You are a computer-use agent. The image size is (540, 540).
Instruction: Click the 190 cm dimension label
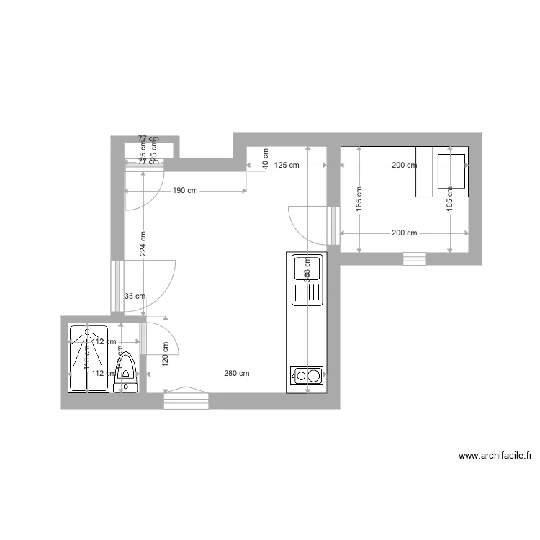pyautogui.click(x=185, y=191)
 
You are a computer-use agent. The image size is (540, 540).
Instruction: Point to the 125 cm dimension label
pyautogui.click(x=287, y=165)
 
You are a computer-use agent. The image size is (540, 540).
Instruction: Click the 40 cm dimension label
pyautogui.click(x=266, y=158)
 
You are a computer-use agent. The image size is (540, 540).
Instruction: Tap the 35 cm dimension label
pyautogui.click(x=135, y=296)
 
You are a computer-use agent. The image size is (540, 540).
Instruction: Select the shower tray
pyautogui.click(x=87, y=357)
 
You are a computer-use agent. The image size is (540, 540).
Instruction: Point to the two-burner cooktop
pyautogui.click(x=307, y=374)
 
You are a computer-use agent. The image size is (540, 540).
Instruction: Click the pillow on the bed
pyautogui.click(x=451, y=171)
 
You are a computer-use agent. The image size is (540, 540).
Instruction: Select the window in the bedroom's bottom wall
pyautogui.click(x=414, y=258)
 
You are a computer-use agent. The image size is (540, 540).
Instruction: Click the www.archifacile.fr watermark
pyautogui.click(x=495, y=456)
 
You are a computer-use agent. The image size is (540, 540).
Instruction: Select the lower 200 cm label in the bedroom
pyautogui.click(x=404, y=233)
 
